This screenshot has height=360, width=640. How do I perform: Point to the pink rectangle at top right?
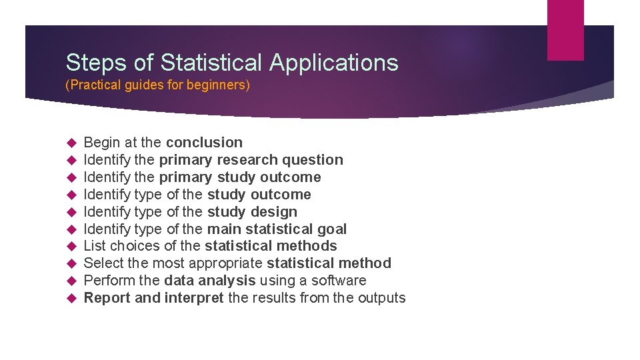tap(565, 30)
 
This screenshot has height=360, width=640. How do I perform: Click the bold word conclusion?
tap(204, 143)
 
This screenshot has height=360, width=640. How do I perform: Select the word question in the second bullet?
tap(313, 160)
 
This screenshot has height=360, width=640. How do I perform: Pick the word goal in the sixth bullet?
tap(332, 229)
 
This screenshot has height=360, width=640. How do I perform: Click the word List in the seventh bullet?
tap(95, 246)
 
